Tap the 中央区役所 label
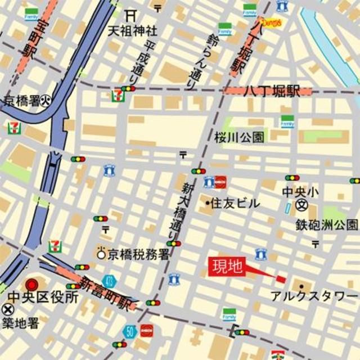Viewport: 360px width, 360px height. [x=43, y=297]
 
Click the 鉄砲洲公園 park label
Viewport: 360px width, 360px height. [x=327, y=226]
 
